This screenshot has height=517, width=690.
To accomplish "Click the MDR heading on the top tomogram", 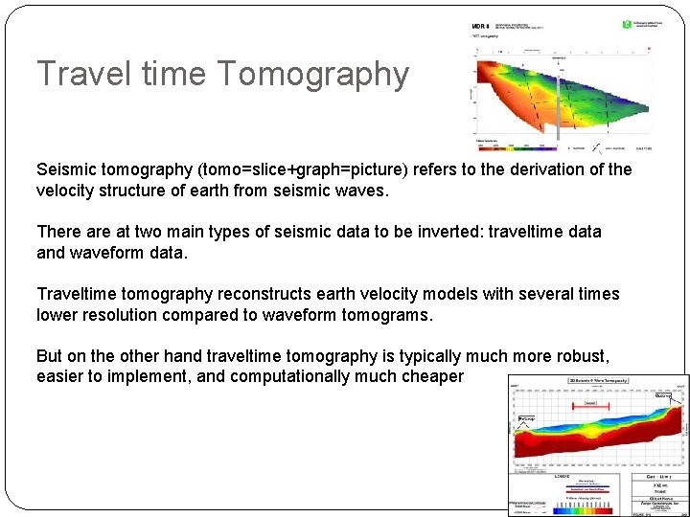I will pos(482,26).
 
